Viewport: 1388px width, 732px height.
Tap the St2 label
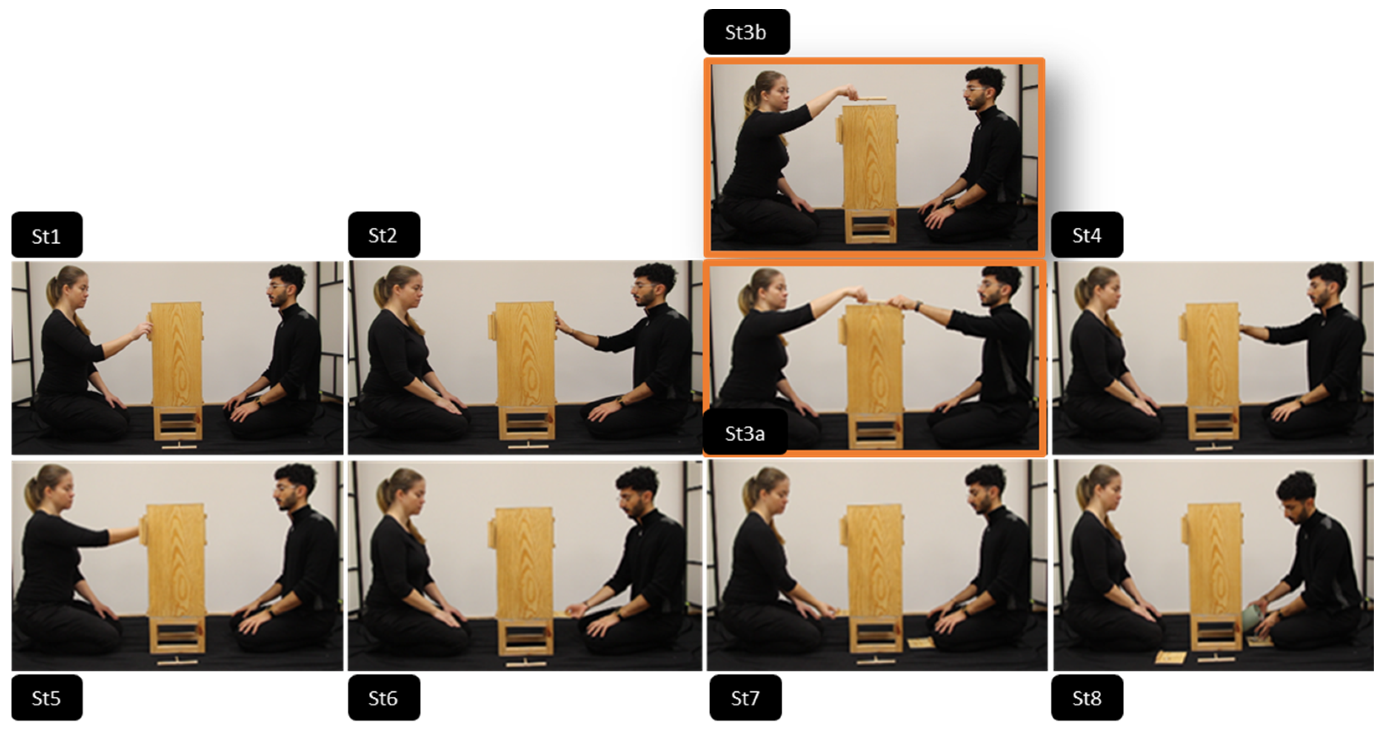pos(384,235)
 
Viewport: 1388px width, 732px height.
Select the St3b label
pos(746,32)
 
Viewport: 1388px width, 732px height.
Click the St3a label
pos(744,433)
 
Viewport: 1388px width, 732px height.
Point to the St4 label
pos(1087,235)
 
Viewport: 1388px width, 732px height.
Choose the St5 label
pos(47,698)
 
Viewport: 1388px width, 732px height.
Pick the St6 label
pos(384,698)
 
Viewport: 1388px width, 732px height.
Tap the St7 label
pos(745,698)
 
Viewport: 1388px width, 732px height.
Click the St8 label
pos(1087,698)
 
